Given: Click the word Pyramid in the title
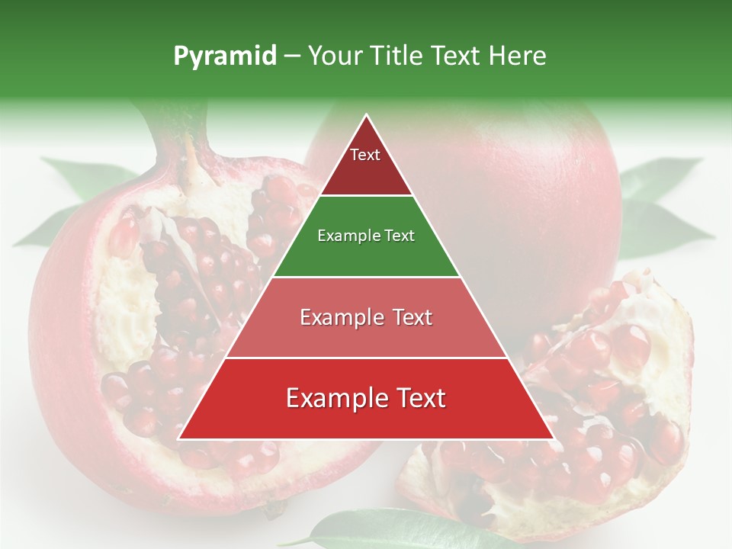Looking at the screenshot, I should pyautogui.click(x=224, y=56).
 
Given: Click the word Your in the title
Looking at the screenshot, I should pyautogui.click(x=336, y=56).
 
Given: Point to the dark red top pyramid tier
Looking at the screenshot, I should pyautogui.click(x=366, y=172).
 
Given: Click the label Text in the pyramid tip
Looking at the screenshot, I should pyautogui.click(x=365, y=155).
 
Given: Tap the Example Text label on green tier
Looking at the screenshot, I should pyautogui.click(x=366, y=236).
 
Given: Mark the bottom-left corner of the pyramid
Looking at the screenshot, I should pyautogui.click(x=179, y=438).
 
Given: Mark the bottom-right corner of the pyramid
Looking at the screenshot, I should pyautogui.click(x=553, y=438).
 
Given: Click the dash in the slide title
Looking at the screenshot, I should pyautogui.click(x=291, y=56).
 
